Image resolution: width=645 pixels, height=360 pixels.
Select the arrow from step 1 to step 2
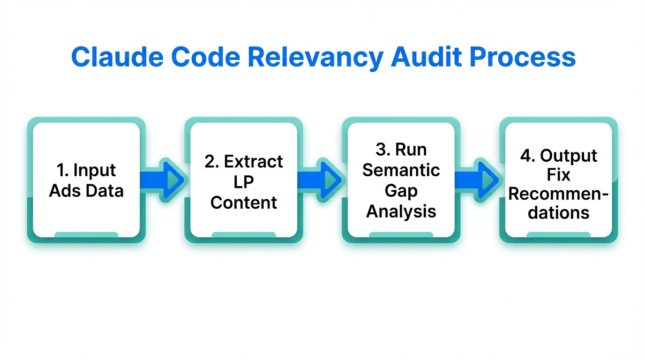[165, 180]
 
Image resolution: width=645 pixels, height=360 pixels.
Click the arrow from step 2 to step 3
[322, 180]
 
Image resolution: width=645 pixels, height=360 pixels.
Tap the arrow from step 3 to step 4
[480, 180]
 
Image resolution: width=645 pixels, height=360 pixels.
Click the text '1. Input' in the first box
[86, 171]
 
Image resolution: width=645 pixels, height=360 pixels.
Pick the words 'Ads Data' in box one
[86, 191]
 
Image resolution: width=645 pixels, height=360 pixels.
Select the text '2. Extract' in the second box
[244, 161]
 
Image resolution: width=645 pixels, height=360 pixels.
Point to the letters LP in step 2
[244, 182]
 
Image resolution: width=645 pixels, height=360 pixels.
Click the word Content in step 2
[244, 202]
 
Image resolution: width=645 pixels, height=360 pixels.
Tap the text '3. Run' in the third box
[401, 150]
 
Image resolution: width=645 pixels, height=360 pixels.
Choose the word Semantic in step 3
[401, 170]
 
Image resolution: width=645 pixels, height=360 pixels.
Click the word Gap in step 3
[401, 191]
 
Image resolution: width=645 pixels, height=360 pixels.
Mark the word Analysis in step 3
[401, 211]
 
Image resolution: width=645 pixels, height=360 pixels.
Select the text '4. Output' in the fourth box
[559, 156]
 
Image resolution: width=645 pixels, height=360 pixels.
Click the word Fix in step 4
[559, 175]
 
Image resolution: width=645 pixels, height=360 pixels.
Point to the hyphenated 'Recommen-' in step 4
[559, 194]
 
